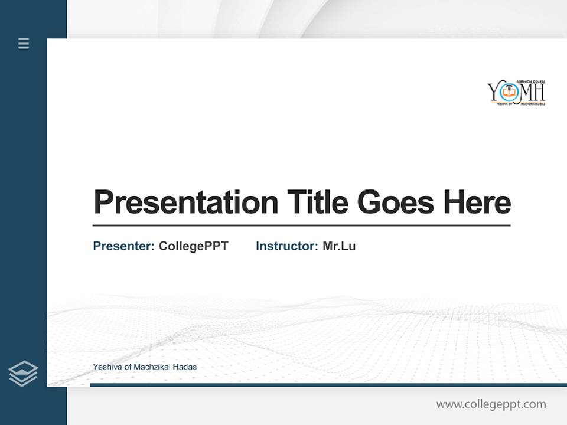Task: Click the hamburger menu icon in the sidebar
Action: pos(24,43)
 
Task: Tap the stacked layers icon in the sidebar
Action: pos(23,374)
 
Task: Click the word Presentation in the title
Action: pos(185,202)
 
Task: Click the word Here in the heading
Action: pos(477,202)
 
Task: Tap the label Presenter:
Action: pos(123,246)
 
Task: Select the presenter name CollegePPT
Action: pos(193,246)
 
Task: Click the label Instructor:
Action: pos(286,246)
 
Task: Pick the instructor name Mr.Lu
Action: pos(339,246)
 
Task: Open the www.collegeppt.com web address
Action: pos(491,404)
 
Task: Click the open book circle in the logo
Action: pos(508,92)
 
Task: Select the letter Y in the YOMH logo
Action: pos(494,93)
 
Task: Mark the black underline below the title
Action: pos(301,225)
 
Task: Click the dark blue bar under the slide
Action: pos(328,385)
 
